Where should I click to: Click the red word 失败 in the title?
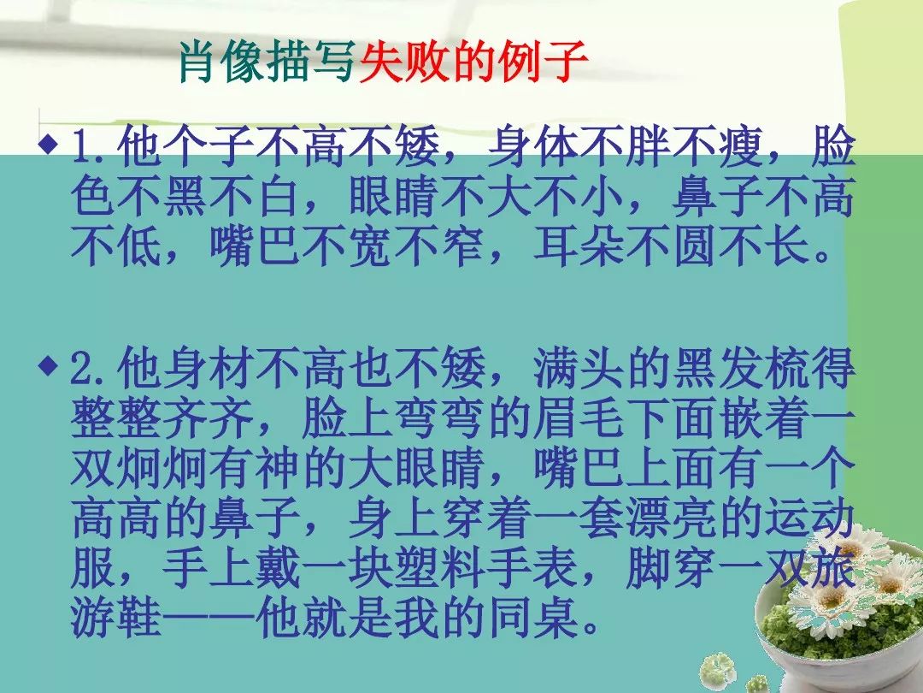tap(404, 62)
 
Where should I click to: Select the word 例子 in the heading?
tap(542, 62)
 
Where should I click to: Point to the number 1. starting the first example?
tap(92, 147)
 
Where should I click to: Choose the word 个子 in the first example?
tap(209, 147)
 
